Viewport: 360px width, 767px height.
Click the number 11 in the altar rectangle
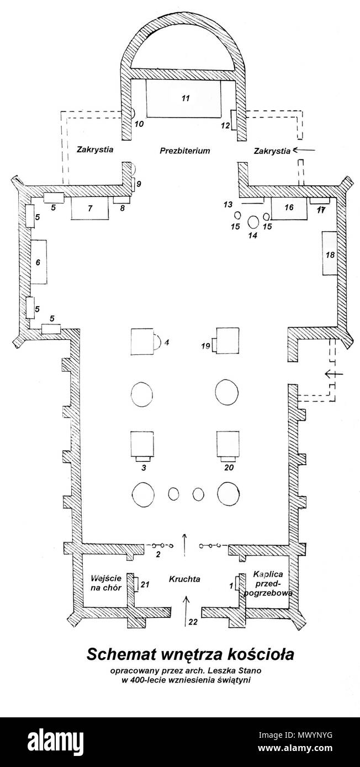point(186,98)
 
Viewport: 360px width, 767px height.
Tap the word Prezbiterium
point(184,151)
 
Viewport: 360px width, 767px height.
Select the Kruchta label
point(184,579)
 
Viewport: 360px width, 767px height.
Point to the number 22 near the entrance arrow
point(193,622)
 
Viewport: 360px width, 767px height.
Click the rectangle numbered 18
point(330,253)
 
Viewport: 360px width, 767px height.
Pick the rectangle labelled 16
point(289,209)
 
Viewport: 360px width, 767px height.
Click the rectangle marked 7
point(90,208)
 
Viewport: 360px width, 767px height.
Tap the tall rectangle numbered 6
point(38,262)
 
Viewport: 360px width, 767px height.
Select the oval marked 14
point(253,222)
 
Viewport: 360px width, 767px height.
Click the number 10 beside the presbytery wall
point(139,124)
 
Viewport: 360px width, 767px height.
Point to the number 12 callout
point(225,126)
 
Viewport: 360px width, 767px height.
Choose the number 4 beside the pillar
point(167,342)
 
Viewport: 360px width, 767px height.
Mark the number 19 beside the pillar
point(205,346)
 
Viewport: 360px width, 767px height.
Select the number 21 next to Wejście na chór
point(145,584)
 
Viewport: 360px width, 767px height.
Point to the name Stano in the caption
point(252,670)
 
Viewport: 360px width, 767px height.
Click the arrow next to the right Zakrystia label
point(304,150)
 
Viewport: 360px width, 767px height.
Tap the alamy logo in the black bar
point(55,741)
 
